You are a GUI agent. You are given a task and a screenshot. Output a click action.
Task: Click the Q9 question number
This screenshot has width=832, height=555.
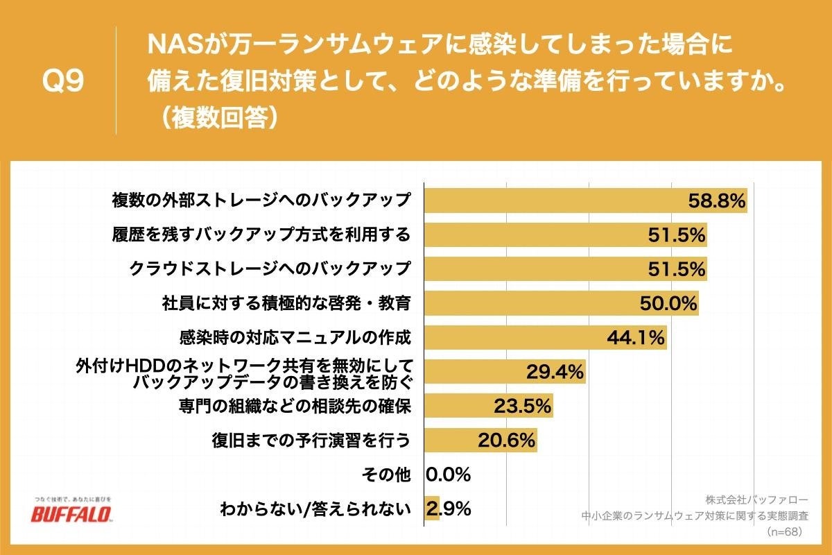pos(63,81)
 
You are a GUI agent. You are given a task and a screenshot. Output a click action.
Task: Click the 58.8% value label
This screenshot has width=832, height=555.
pos(716,201)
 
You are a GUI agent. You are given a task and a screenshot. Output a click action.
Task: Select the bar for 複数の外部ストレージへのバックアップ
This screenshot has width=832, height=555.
pos(555,201)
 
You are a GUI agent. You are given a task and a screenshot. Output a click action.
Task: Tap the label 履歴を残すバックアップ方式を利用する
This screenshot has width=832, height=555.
pos(261,234)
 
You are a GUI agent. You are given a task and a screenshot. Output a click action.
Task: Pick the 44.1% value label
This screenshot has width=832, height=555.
pos(636,338)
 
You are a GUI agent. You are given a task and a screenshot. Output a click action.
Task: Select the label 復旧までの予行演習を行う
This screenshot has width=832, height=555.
pos(311,440)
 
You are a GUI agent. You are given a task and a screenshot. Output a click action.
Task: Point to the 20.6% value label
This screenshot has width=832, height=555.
pos(507,440)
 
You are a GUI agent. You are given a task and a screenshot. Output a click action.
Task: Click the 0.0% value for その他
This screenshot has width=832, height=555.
pos(449,475)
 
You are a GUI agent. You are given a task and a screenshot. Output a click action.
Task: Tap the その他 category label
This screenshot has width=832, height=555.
pos(386,475)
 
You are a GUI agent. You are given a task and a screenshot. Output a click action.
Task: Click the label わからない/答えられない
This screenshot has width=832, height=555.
pos(315,509)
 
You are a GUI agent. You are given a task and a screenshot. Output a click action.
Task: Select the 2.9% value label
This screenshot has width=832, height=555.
pos(449,509)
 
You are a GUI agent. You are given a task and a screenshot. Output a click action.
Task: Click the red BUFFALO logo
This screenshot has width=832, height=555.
pos(71,514)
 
